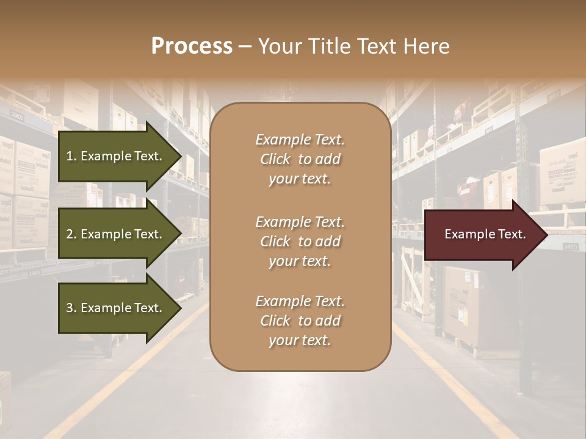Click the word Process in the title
(x=192, y=46)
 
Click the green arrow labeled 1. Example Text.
(x=114, y=156)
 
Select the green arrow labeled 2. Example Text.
(x=114, y=234)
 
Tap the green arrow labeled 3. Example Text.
(x=114, y=308)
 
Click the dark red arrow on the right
(x=482, y=235)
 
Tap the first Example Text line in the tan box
(x=300, y=140)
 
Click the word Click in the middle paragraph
(x=275, y=241)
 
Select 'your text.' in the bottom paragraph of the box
(x=300, y=340)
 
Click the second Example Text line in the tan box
(x=300, y=222)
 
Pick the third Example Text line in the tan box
(x=300, y=301)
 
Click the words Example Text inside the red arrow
(x=485, y=234)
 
